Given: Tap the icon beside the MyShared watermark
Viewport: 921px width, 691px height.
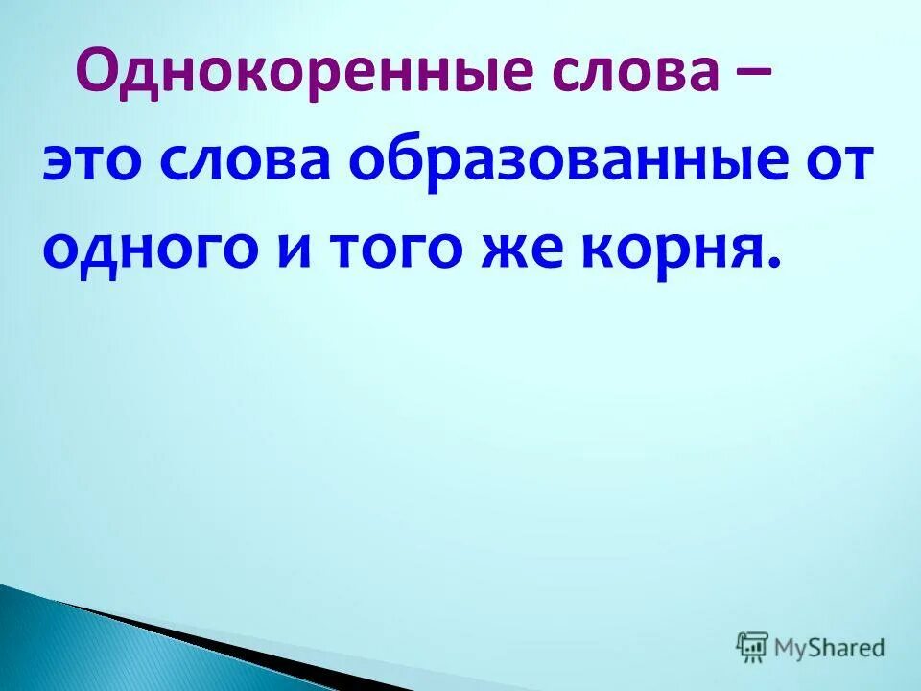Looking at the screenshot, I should point(752,648).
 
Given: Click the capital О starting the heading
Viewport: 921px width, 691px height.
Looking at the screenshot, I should point(96,73).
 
